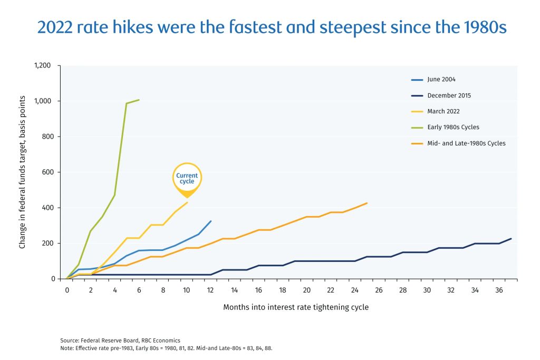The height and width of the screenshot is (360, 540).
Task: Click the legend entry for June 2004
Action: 441,80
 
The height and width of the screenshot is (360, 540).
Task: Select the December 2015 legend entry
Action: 449,95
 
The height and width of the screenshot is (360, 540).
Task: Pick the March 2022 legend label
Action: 443,111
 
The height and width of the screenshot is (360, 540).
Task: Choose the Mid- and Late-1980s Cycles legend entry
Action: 466,143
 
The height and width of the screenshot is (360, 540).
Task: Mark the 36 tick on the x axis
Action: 499,290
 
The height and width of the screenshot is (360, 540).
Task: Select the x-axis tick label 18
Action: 283,290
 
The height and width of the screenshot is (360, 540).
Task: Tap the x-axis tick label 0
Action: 67,290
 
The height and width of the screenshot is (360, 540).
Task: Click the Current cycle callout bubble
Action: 187,178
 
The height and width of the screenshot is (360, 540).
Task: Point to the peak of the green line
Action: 139,100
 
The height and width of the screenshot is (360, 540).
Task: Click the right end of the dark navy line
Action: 511,239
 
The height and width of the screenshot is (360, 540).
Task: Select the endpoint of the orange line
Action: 367,203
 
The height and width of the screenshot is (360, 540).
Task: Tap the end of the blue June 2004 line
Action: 211,221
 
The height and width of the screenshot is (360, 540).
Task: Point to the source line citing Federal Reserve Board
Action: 120,340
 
